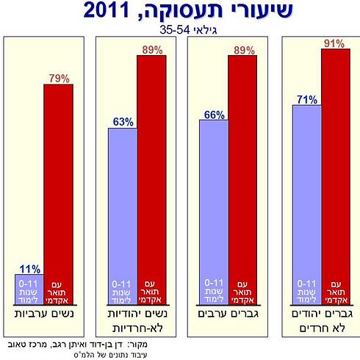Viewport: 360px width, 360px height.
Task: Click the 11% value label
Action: coord(30,268)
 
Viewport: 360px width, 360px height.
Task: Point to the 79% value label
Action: coord(60,78)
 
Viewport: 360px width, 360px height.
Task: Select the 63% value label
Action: coord(120,121)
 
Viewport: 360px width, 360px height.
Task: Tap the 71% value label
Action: coord(306,99)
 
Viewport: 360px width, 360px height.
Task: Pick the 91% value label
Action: coord(334,43)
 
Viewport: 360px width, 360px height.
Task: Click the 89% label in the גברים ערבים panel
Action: coord(243,50)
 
